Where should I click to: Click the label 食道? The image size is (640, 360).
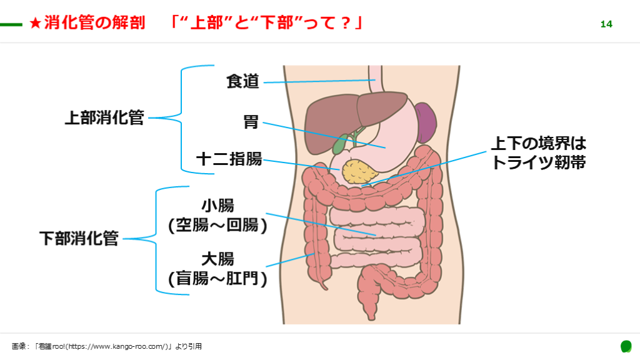coord(242,81)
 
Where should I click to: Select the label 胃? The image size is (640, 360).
coord(251,121)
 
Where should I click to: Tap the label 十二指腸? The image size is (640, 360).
coord(229,159)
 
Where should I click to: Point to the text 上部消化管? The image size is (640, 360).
coord(104,117)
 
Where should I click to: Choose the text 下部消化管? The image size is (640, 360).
coord(79,238)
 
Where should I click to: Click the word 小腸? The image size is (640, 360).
coord(217,206)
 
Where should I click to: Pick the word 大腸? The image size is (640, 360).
coord(217,259)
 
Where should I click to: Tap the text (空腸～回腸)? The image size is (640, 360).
coord(217,225)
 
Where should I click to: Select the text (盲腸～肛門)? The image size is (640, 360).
coord(217,278)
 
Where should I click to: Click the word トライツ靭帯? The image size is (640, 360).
coord(538,162)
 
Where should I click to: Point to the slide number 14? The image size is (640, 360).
coord(606,24)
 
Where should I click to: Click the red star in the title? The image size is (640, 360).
coord(36,24)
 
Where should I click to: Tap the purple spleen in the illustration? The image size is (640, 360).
coord(427,122)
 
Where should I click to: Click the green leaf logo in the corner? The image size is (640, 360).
coord(626,346)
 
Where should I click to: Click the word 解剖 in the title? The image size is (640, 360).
coord(129,23)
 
